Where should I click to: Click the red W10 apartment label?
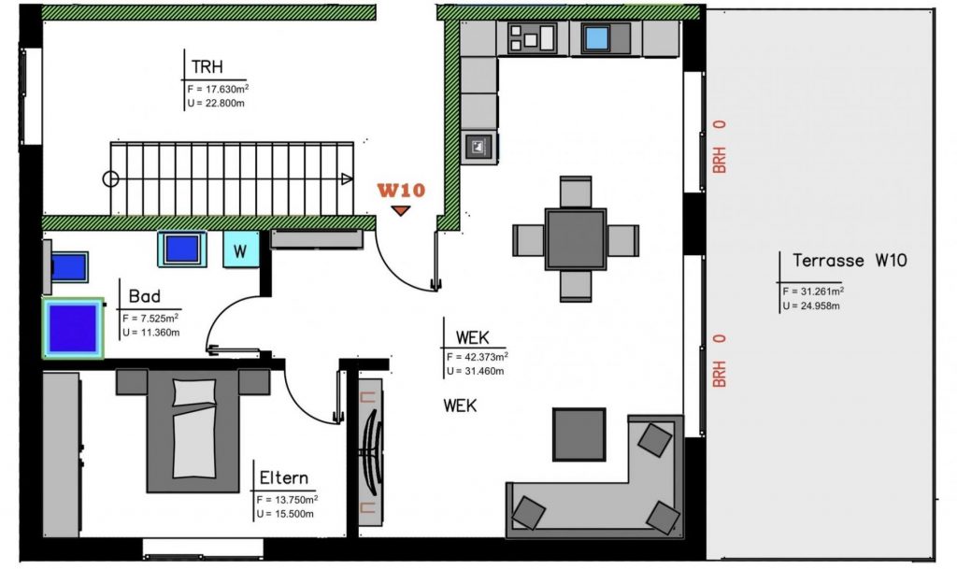point(401,191)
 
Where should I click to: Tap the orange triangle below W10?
point(400,210)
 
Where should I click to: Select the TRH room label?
point(207,66)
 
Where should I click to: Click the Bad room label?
point(145,296)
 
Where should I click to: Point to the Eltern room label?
point(284,477)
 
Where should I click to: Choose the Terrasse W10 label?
point(850,261)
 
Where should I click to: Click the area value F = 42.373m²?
point(478,357)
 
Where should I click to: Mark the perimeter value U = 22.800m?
point(216,103)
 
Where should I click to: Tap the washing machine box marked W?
point(240,249)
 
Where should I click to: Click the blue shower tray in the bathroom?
point(73,328)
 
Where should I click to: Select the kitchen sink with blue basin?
point(596,38)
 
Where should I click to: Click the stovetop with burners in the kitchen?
point(532,37)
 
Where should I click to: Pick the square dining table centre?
point(576,239)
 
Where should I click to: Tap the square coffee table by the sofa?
point(579,434)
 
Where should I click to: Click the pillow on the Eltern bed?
point(194,392)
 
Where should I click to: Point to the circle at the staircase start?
point(110,179)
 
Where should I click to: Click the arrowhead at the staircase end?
point(347,179)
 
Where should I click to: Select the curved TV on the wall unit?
point(372,451)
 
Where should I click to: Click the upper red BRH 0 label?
point(720,147)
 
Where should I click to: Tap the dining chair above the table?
point(576,192)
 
